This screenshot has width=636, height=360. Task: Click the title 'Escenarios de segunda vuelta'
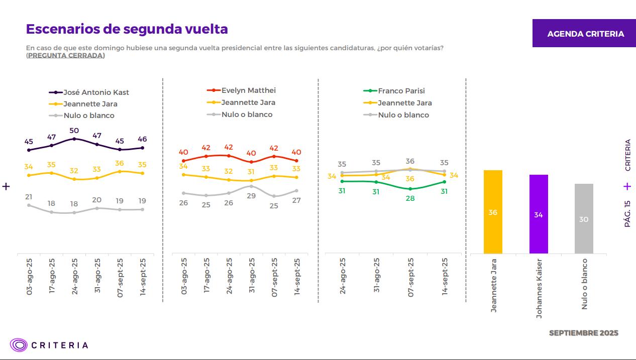pyautogui.click(x=127, y=29)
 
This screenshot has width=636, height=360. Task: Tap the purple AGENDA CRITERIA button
pyautogui.click(x=585, y=34)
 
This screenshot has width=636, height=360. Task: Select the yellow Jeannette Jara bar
pyautogui.click(x=493, y=212)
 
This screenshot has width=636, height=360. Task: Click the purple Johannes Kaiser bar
pyautogui.click(x=539, y=214)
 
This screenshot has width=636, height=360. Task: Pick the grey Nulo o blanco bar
pyautogui.click(x=584, y=219)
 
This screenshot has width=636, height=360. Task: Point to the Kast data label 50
pyautogui.click(x=74, y=130)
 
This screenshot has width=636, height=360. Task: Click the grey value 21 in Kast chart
pyautogui.click(x=29, y=197)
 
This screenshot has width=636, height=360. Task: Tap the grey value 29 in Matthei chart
pyautogui.click(x=251, y=196)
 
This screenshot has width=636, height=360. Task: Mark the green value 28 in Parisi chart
pyautogui.click(x=410, y=198)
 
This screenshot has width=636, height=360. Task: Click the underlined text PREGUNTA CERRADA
pyautogui.click(x=66, y=55)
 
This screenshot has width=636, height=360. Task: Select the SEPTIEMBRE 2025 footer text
pyautogui.click(x=583, y=333)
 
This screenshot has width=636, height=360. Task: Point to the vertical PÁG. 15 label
pyautogui.click(x=627, y=214)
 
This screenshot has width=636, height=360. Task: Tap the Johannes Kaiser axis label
pyautogui.click(x=539, y=288)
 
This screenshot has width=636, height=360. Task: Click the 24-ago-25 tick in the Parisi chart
pyautogui.click(x=343, y=276)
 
